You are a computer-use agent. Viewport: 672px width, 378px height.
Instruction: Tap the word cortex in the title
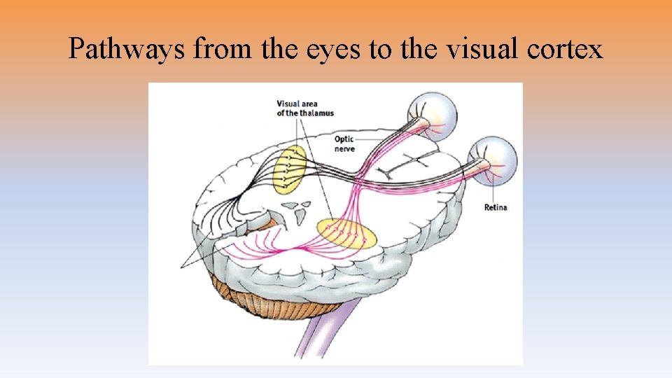[x=568, y=48]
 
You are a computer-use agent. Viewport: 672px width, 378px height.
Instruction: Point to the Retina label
[x=496, y=207]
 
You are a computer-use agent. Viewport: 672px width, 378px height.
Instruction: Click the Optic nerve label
[x=344, y=144]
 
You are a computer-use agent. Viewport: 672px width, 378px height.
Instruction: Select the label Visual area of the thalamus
[x=304, y=108]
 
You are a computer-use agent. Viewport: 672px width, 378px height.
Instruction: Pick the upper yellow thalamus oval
[x=290, y=169]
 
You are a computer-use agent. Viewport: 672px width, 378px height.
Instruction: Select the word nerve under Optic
[x=344, y=149]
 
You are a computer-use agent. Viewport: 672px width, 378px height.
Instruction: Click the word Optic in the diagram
[x=344, y=140]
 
